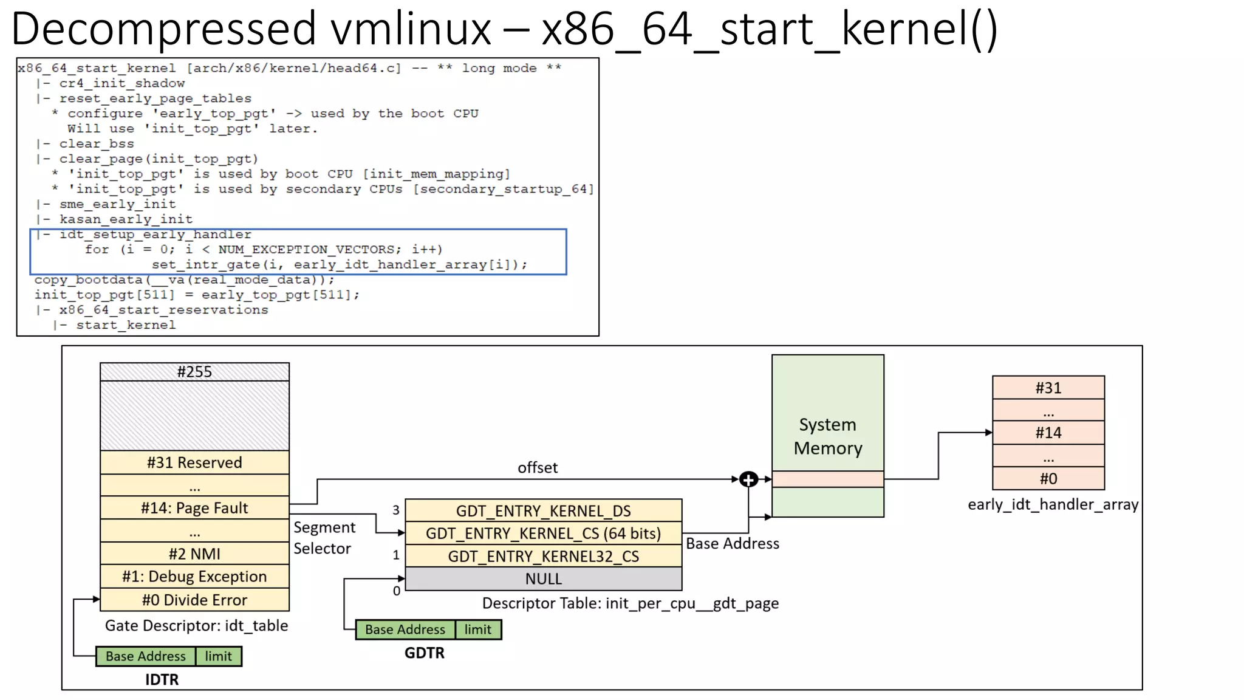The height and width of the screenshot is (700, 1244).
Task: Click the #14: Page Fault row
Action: [194, 508]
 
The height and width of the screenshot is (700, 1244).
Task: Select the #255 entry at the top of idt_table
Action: [194, 372]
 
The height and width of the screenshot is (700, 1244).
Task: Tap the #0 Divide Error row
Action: [194, 600]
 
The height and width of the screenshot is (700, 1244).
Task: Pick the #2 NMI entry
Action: [194, 554]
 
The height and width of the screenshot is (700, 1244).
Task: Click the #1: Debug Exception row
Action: [194, 577]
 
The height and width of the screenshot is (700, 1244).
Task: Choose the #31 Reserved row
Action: [194, 462]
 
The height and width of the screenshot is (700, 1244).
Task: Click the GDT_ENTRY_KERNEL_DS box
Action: [543, 511]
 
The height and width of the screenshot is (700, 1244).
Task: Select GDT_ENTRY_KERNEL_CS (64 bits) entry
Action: [543, 534]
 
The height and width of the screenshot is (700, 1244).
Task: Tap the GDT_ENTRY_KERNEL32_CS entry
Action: [543, 556]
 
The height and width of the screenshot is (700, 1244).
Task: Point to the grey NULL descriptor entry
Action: [543, 579]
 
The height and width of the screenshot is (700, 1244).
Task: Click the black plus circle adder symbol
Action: [748, 479]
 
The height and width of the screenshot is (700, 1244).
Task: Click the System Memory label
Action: [827, 436]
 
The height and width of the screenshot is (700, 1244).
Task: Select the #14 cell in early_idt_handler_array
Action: [1048, 433]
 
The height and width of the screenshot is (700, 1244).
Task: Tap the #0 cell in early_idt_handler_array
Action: [1048, 479]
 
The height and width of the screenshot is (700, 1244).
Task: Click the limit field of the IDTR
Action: [218, 656]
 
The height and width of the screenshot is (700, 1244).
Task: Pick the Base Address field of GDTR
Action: [405, 630]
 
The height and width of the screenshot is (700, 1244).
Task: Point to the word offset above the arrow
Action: [537, 468]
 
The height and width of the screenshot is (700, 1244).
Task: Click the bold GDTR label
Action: [424, 653]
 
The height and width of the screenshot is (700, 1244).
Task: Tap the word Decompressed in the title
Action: [164, 29]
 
